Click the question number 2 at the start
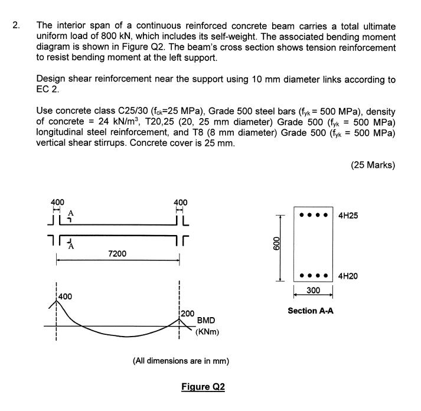click(x=17, y=26)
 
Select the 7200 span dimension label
click(x=117, y=253)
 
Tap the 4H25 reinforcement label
click(x=348, y=216)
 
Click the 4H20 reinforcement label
click(x=348, y=276)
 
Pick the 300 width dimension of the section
click(x=314, y=290)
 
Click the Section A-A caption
click(x=311, y=310)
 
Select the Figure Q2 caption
click(x=203, y=387)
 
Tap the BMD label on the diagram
click(x=206, y=319)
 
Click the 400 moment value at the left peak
click(x=66, y=295)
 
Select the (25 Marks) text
click(x=373, y=165)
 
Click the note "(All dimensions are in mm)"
click(x=181, y=361)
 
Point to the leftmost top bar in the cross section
click(x=302, y=214)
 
